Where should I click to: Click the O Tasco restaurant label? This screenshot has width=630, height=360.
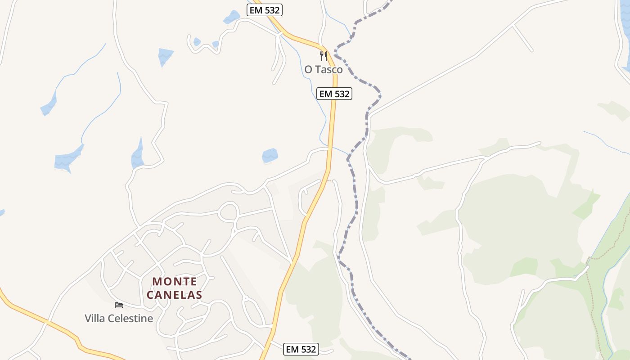(x=323, y=70)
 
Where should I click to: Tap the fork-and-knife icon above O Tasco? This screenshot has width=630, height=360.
(x=323, y=56)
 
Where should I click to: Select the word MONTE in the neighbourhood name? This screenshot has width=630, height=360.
(x=175, y=282)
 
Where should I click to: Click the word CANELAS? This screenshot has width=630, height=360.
(x=175, y=296)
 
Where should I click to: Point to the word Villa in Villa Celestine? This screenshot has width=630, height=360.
(x=94, y=319)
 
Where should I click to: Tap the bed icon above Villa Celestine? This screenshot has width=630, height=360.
(x=119, y=305)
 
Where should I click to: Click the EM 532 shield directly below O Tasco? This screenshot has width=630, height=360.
(x=334, y=94)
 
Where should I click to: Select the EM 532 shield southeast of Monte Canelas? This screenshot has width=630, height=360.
(x=301, y=349)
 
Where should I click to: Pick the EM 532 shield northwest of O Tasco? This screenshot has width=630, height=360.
(x=265, y=10)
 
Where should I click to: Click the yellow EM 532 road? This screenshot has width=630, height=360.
(x=332, y=135)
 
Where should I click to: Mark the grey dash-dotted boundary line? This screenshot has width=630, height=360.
(x=355, y=198)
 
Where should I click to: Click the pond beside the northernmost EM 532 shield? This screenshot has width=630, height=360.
(x=232, y=17)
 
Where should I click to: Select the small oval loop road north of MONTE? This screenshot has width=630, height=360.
(x=229, y=211)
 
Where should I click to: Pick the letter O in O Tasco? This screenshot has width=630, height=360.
(x=308, y=70)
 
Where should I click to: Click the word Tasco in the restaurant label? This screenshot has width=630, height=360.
(x=329, y=70)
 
